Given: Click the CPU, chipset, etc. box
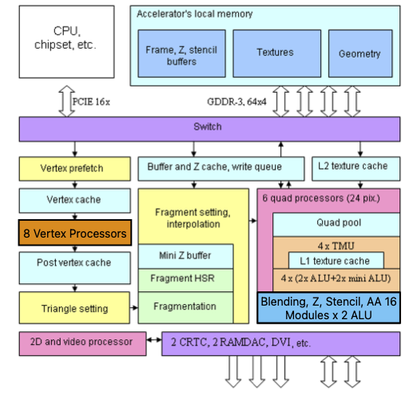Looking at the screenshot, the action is coord(66,42).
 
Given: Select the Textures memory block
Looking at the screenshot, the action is coord(277,54).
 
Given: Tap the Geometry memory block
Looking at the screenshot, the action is coord(360,54).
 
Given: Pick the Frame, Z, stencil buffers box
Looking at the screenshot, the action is coord(181,54).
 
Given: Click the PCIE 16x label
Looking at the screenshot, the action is coord(91,102).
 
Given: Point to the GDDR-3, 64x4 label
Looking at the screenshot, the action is coord(236,102).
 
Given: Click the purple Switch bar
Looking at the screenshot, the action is coord(209,129).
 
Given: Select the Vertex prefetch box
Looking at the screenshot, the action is coord(75,169).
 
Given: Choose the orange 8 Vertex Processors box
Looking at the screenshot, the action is coord(75,233).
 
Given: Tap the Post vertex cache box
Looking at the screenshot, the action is coord(75,268).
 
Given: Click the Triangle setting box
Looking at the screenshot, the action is coord(74,308).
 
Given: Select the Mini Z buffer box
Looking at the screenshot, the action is coord(185,256).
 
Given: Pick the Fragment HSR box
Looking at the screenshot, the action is coord(185,280).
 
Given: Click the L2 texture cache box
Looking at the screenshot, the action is coord(356,169).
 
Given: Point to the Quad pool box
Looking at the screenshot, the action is coord(336,225).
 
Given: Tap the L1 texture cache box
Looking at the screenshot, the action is coord(336,260).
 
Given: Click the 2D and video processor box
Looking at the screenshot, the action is coord(82,344).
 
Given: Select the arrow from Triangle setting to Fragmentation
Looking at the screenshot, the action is coord(134,308).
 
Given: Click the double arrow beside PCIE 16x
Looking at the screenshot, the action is coord(66,101).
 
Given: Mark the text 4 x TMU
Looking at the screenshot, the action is coord(336,246).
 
